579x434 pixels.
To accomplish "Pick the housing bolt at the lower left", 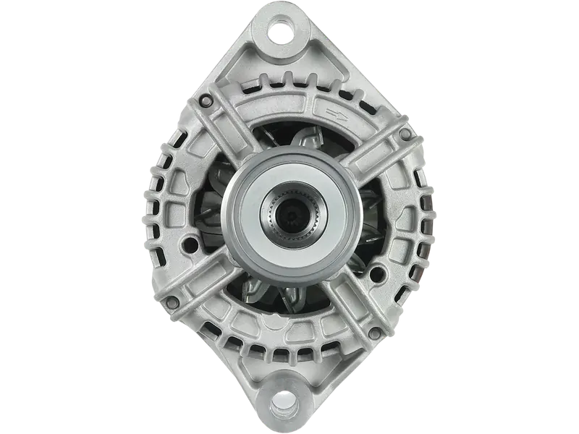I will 172,297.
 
